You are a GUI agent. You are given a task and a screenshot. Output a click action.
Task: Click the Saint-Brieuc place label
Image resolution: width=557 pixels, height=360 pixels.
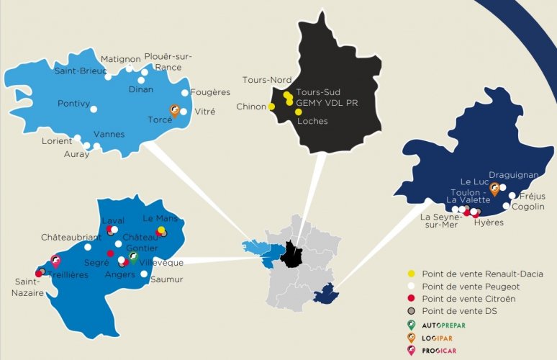pyautogui.click(x=81, y=71)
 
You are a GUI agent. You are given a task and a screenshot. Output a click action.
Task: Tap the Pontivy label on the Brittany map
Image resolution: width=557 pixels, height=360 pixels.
pyautogui.click(x=74, y=104)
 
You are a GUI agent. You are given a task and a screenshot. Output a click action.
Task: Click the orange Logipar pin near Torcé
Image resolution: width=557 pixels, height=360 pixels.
pyautogui.click(x=174, y=110)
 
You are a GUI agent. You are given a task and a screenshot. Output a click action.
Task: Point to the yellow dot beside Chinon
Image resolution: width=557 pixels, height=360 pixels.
pyautogui.click(x=272, y=107)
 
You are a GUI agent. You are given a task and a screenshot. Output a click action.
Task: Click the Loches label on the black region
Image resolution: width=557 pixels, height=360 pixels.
pyautogui.click(x=312, y=121)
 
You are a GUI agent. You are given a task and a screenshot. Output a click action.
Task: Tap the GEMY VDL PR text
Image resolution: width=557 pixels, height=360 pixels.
pyautogui.click(x=327, y=102)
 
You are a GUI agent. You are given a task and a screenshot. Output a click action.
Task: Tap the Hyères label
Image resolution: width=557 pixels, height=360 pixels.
pyautogui.click(x=489, y=222)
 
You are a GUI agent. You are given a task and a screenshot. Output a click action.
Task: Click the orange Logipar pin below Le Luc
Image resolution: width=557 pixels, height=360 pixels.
pyautogui.click(x=495, y=189)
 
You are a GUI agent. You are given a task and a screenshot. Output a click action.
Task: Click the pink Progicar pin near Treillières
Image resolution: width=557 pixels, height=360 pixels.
pyautogui.click(x=55, y=262)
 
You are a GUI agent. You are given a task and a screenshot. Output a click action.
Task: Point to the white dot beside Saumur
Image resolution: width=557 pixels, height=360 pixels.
pyautogui.click(x=145, y=274)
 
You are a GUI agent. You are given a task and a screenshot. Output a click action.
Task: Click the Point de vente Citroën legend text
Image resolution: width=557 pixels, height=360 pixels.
pyautogui.click(x=459, y=299)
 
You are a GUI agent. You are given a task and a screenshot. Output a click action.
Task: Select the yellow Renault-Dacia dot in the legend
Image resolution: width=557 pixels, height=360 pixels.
pyautogui.click(x=411, y=274)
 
